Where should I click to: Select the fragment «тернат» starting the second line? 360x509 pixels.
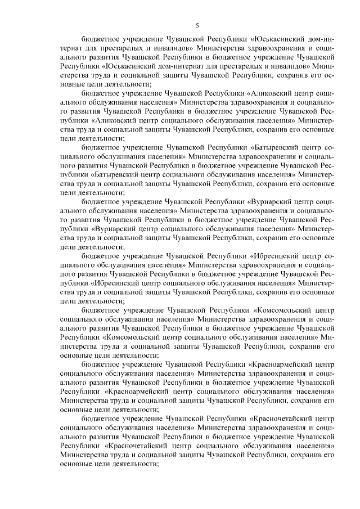point(73,49)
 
